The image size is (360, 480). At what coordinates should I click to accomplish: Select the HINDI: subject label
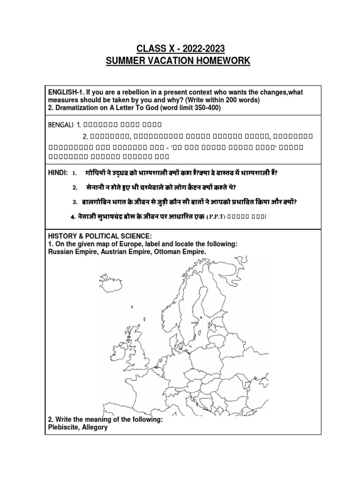point(59,173)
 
